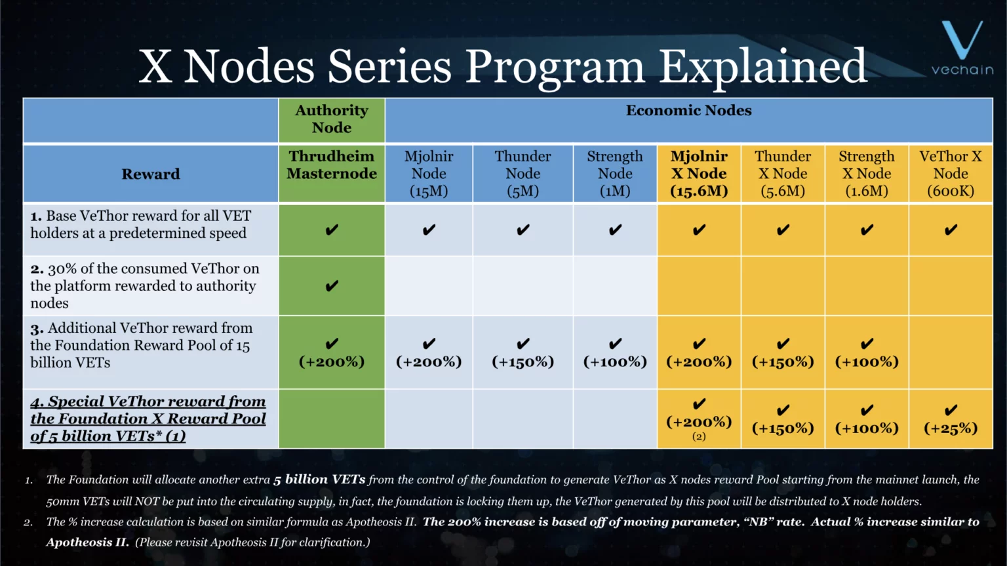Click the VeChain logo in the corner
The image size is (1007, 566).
tap(962, 49)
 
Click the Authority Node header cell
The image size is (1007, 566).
tap(332, 119)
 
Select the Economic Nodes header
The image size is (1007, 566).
tap(688, 111)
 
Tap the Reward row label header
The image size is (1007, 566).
tap(150, 174)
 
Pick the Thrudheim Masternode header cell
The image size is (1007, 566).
tap(332, 165)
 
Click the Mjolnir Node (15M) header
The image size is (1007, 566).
tap(429, 174)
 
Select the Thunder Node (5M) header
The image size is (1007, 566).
tap(523, 174)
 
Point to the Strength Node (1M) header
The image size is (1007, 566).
tap(615, 174)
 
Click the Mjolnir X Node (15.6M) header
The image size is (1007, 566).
tap(699, 174)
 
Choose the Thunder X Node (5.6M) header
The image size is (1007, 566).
tap(783, 174)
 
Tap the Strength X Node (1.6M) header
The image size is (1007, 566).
tap(867, 174)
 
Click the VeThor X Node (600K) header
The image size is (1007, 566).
tap(951, 174)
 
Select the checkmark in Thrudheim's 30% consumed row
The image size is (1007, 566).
tap(332, 286)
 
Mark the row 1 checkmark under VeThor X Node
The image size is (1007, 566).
tap(951, 230)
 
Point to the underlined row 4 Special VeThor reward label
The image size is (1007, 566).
tap(148, 419)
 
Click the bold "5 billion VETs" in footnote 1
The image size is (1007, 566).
tap(319, 480)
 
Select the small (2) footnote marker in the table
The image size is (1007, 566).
tap(699, 436)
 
